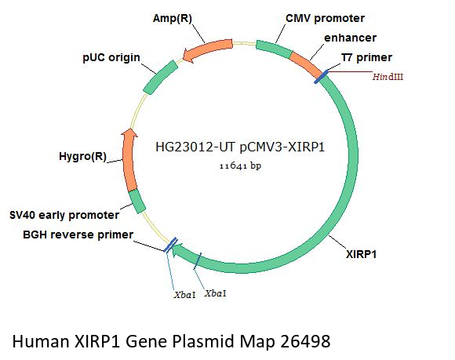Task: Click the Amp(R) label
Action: pos(173,19)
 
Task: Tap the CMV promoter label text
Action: pos(326,18)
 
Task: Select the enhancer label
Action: pos(350,38)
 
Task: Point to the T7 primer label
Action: pos(366,57)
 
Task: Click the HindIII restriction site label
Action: pos(388,77)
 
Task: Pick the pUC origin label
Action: pos(111,57)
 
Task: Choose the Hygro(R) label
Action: pos(82,156)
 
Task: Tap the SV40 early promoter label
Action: pos(64,215)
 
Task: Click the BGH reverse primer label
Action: pos(78,235)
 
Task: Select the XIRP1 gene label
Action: pos(362,254)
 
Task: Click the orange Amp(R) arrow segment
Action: pos(208,49)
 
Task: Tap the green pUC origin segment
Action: pos(161,77)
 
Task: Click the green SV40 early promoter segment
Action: pos(136,202)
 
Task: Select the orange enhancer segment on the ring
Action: pos(308,64)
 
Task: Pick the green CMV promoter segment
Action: pos(274,49)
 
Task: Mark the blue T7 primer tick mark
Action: pos(321,77)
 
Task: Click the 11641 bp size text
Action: pos(240,166)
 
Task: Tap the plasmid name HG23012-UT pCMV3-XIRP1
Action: pos(240,147)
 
